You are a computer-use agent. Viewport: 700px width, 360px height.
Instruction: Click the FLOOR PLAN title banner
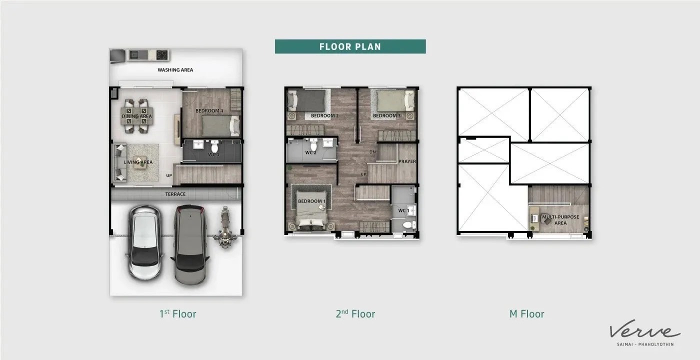click(x=350, y=46)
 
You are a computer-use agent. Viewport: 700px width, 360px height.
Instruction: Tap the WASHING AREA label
click(x=175, y=70)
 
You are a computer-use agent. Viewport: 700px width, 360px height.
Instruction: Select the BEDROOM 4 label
click(x=209, y=110)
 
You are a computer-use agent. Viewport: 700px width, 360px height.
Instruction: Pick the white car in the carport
click(x=145, y=242)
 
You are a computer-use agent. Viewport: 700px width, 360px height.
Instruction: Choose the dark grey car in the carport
click(x=189, y=244)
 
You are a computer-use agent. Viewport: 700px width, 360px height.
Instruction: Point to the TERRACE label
click(x=175, y=194)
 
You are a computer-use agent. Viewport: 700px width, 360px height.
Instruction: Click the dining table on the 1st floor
click(x=137, y=116)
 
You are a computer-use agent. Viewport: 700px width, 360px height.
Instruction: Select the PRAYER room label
click(x=407, y=161)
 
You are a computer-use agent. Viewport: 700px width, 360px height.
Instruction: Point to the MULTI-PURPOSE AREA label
click(x=560, y=219)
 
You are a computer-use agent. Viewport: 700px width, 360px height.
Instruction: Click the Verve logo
click(x=645, y=332)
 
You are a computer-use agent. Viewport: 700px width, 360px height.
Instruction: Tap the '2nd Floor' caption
click(x=355, y=314)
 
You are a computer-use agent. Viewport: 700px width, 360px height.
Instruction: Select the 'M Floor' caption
click(x=526, y=314)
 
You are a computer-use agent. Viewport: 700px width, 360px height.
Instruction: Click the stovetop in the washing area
click(x=162, y=55)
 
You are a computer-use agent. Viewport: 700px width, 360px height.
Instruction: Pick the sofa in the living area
click(x=119, y=162)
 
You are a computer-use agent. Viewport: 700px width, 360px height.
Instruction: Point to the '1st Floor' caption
click(x=178, y=314)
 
